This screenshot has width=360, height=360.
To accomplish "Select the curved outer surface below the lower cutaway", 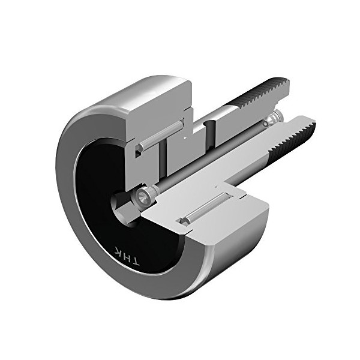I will [234, 258].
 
